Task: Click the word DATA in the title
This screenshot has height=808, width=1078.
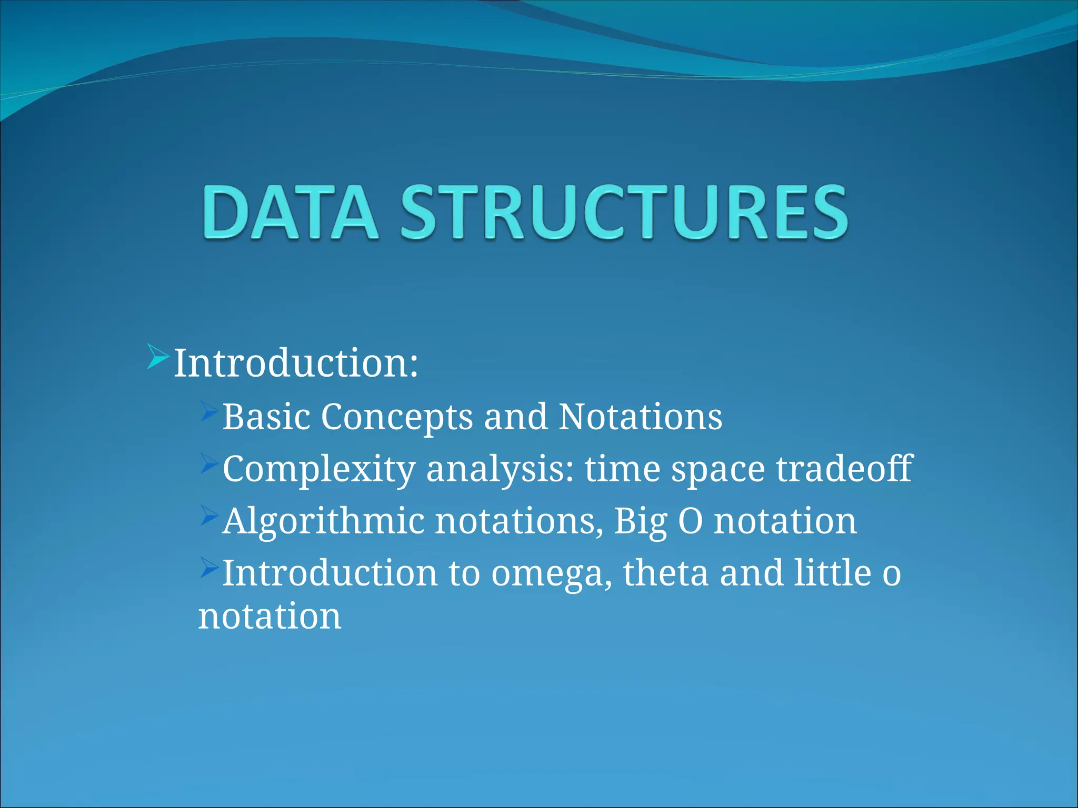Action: pos(290,213)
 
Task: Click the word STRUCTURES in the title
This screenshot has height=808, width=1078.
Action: pos(624,213)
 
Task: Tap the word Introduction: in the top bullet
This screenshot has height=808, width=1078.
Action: pos(296,363)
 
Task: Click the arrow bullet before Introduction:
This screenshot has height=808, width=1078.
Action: pos(158,356)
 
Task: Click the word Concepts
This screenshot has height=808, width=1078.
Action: pos(397,417)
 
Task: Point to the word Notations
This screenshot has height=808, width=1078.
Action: pos(640,417)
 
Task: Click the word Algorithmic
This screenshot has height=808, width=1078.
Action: pos(323,521)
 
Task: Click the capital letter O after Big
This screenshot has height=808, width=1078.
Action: pos(690,521)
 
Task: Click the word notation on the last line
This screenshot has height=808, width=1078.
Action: pos(269,616)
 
